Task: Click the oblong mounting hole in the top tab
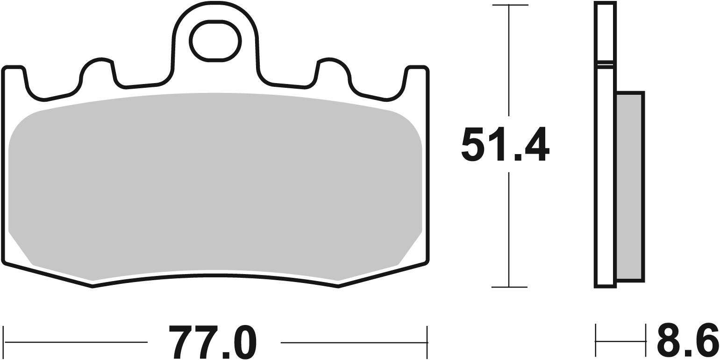tap(215, 41)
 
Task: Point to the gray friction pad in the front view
tap(215, 182)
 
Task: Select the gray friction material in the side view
tap(629, 187)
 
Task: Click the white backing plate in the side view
tap(605, 177)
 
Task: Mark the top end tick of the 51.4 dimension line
tap(509, 6)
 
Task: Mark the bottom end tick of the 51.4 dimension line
tap(509, 287)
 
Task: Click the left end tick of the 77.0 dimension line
tap(4, 342)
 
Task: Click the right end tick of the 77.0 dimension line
tap(427, 342)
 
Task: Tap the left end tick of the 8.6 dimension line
tap(596, 341)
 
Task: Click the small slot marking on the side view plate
tap(605, 65)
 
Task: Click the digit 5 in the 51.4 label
tap(473, 144)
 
